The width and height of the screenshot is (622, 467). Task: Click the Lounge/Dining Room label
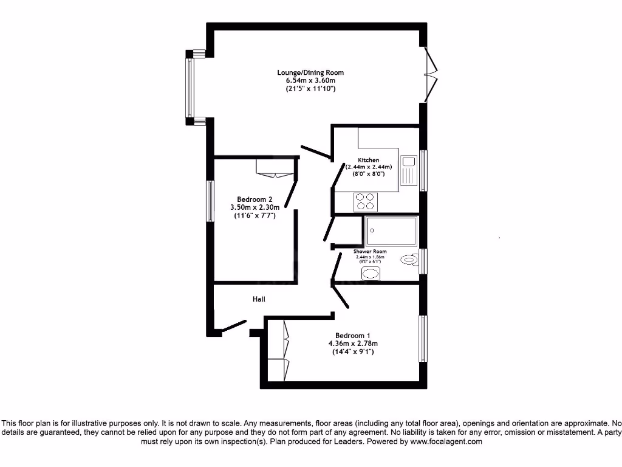click(310, 73)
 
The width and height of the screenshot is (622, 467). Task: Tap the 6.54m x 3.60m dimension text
click(310, 81)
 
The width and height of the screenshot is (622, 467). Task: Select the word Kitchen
click(368, 160)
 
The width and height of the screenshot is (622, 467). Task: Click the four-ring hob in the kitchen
click(365, 201)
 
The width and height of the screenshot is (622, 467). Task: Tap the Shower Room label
click(370, 252)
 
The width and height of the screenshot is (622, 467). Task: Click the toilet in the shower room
click(411, 260)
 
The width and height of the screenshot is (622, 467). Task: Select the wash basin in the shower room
click(369, 274)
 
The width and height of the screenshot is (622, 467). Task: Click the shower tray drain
click(372, 230)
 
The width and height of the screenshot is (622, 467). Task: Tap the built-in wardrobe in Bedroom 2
click(276, 168)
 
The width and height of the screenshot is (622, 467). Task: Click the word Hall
click(259, 299)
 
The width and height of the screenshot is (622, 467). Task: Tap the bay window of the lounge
click(190, 88)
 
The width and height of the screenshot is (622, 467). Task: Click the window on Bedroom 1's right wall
click(423, 338)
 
